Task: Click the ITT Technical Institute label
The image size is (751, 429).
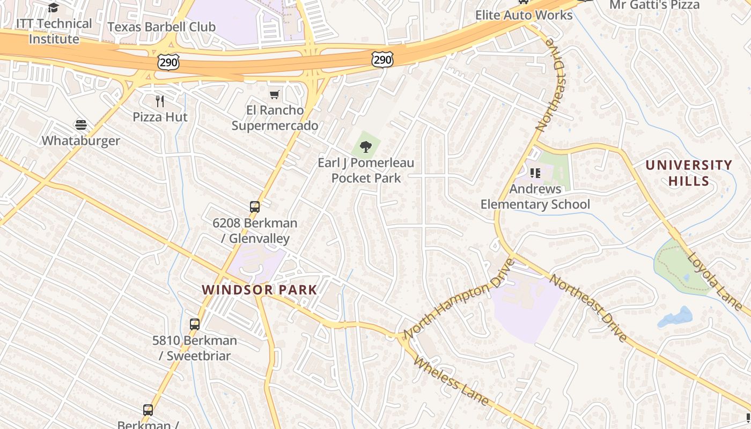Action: (54, 31)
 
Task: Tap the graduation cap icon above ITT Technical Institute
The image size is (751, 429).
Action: (53, 8)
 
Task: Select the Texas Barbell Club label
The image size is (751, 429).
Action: (161, 27)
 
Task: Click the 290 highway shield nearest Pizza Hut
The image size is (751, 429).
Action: (168, 62)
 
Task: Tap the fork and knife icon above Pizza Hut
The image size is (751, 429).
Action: (159, 101)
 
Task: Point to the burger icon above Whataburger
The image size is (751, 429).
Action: (81, 125)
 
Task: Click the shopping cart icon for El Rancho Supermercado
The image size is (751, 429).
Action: (275, 95)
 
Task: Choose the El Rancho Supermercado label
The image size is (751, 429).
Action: (275, 118)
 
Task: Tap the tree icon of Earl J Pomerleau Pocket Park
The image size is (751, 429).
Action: (366, 146)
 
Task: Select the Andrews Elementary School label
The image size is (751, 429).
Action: (535, 196)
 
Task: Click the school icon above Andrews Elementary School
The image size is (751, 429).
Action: (535, 173)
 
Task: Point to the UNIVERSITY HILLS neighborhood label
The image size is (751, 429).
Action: (689, 173)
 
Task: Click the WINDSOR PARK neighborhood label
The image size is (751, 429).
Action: (260, 290)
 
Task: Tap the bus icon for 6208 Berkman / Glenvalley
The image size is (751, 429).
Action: (255, 207)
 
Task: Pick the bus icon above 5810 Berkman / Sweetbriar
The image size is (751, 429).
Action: (195, 324)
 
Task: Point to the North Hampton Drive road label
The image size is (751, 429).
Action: (459, 299)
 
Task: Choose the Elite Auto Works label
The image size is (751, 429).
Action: (524, 15)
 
